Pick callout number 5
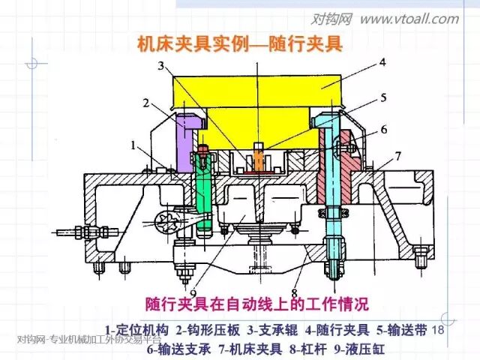click(382, 97)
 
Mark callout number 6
click(383, 129)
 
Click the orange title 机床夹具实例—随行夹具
click(239, 43)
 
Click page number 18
click(439, 330)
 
